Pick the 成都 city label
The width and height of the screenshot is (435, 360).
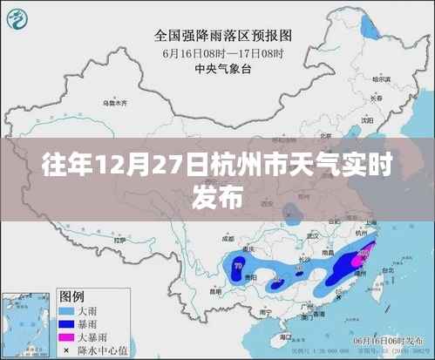pyautogui.click(x=229, y=236)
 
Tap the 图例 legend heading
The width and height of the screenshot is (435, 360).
pyautogui.click(x=73, y=295)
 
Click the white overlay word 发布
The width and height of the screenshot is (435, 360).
pyautogui.click(x=217, y=198)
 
